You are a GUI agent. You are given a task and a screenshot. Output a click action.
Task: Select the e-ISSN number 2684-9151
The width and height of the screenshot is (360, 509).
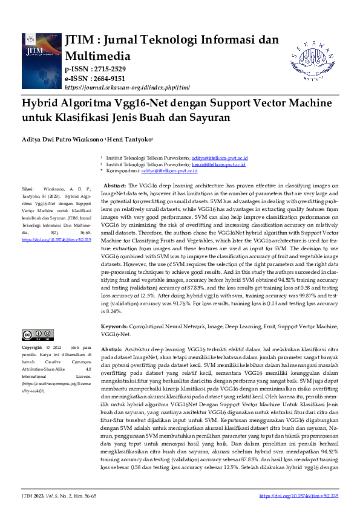click(x=108, y=79)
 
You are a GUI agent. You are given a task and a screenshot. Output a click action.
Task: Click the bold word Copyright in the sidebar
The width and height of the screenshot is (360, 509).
click(x=33, y=348)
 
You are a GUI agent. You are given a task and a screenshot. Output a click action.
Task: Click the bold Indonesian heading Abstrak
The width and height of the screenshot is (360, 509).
click(x=111, y=350)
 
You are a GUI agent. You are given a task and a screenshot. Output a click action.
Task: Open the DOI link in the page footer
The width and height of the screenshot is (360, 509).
click(x=298, y=495)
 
